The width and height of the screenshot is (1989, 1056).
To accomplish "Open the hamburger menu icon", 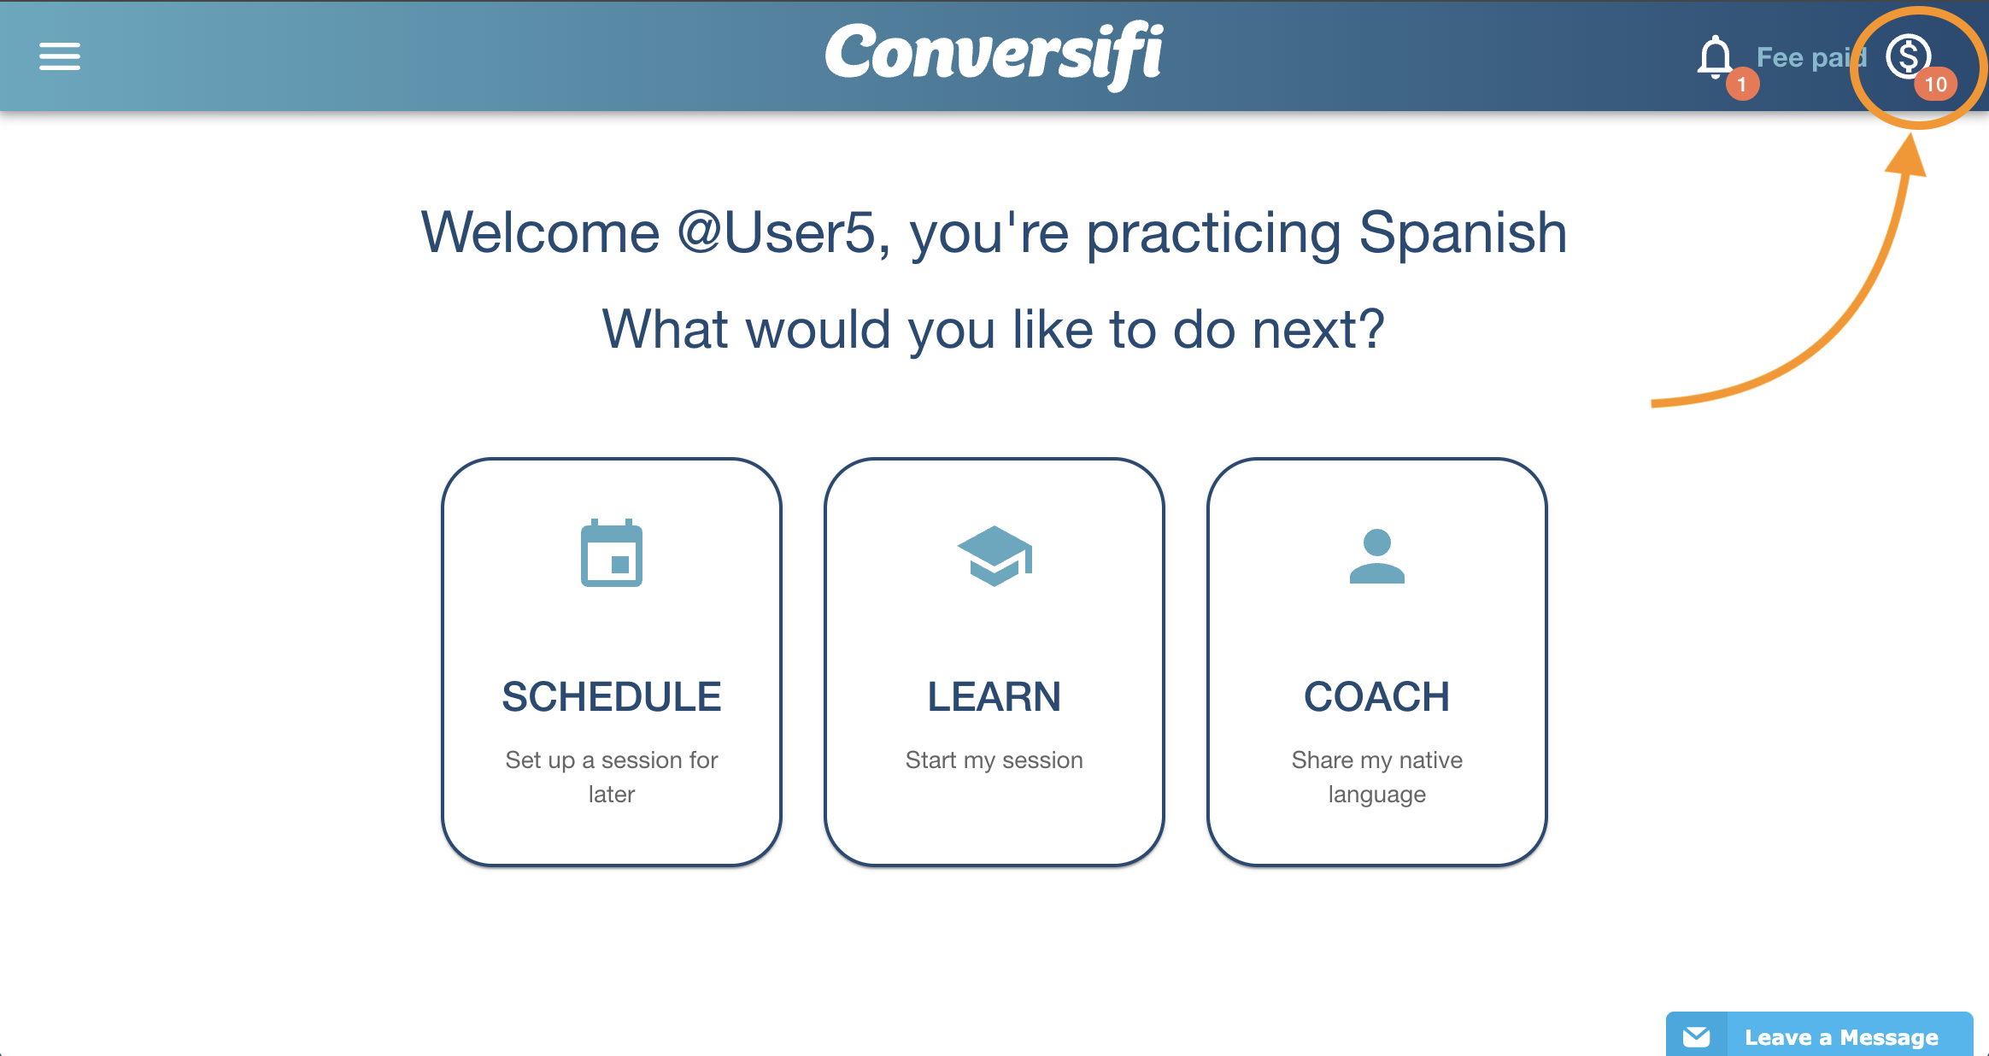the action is pos(60,56).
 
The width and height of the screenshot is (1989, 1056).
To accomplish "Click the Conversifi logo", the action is pos(994,56).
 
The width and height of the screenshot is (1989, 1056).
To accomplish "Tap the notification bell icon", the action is pos(1714,57).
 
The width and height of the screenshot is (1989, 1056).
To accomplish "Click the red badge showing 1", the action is pos(1742,85).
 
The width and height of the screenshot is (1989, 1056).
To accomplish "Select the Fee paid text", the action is pos(1811,57).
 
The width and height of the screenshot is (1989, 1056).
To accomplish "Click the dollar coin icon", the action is pos(1908,56).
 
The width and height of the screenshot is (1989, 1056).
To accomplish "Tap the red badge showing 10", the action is pos(1935,85).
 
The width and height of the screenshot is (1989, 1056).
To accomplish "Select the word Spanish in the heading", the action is pos(1463,232).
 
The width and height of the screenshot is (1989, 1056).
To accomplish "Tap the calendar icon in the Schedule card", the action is pos(612,553).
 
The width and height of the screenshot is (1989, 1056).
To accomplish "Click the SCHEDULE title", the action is pos(612,696).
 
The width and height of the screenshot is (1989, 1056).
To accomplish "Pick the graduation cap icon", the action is pos(994,555).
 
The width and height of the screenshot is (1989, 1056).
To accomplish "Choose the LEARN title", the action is pos(994,696).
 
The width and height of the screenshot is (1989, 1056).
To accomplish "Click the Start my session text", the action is pos(994,760).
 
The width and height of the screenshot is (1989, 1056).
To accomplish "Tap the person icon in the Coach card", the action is pos(1377,556).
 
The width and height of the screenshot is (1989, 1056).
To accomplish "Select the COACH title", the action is pos(1377,696).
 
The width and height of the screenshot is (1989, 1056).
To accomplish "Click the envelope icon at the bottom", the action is pos(1697,1036).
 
